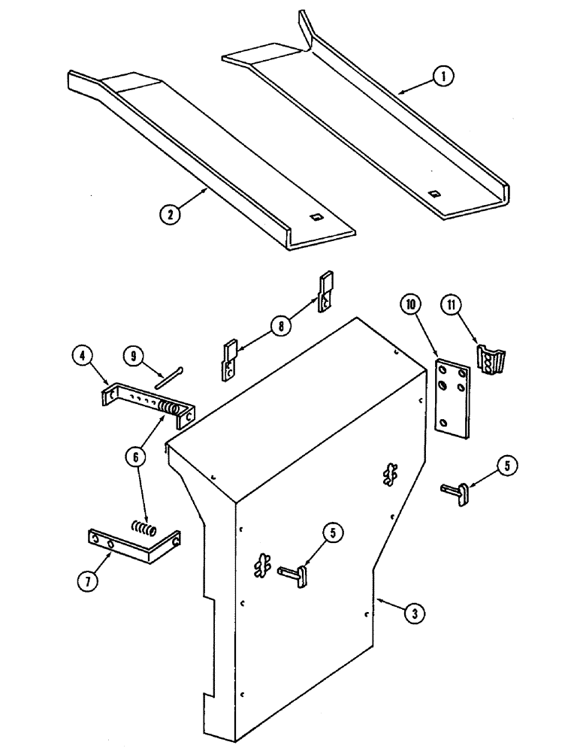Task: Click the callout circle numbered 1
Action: point(445,77)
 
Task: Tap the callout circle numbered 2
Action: point(171,214)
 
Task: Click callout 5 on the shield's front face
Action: point(331,533)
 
